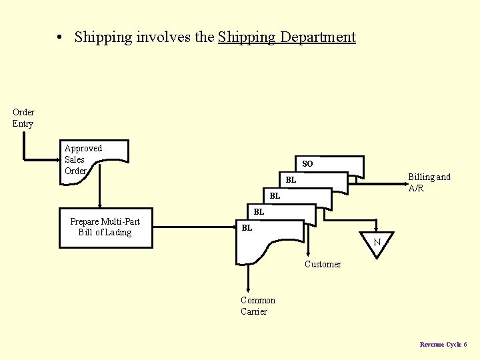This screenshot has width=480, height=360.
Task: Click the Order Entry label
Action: coord(23,118)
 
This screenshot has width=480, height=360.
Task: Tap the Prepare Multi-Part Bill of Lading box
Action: coord(105,227)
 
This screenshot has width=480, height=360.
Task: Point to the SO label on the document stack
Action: coord(307,163)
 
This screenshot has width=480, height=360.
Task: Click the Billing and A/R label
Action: coord(429,183)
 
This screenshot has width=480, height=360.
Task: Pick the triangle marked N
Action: coord(377,241)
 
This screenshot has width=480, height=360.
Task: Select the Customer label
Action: coord(323,265)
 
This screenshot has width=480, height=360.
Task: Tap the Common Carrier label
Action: coord(257,306)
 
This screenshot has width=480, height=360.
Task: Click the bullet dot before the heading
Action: coord(60,37)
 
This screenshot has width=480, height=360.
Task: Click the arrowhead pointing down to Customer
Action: coord(308,254)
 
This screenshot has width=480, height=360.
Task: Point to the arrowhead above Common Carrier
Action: coord(248,290)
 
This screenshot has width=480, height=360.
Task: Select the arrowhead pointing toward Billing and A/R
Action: coord(402,179)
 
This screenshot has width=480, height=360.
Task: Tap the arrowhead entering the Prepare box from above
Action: coord(100,206)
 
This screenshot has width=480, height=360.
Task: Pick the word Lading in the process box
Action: coord(118,233)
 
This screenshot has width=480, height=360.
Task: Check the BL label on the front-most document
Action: coord(247,228)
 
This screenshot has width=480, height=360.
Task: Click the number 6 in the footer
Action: coord(465,345)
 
